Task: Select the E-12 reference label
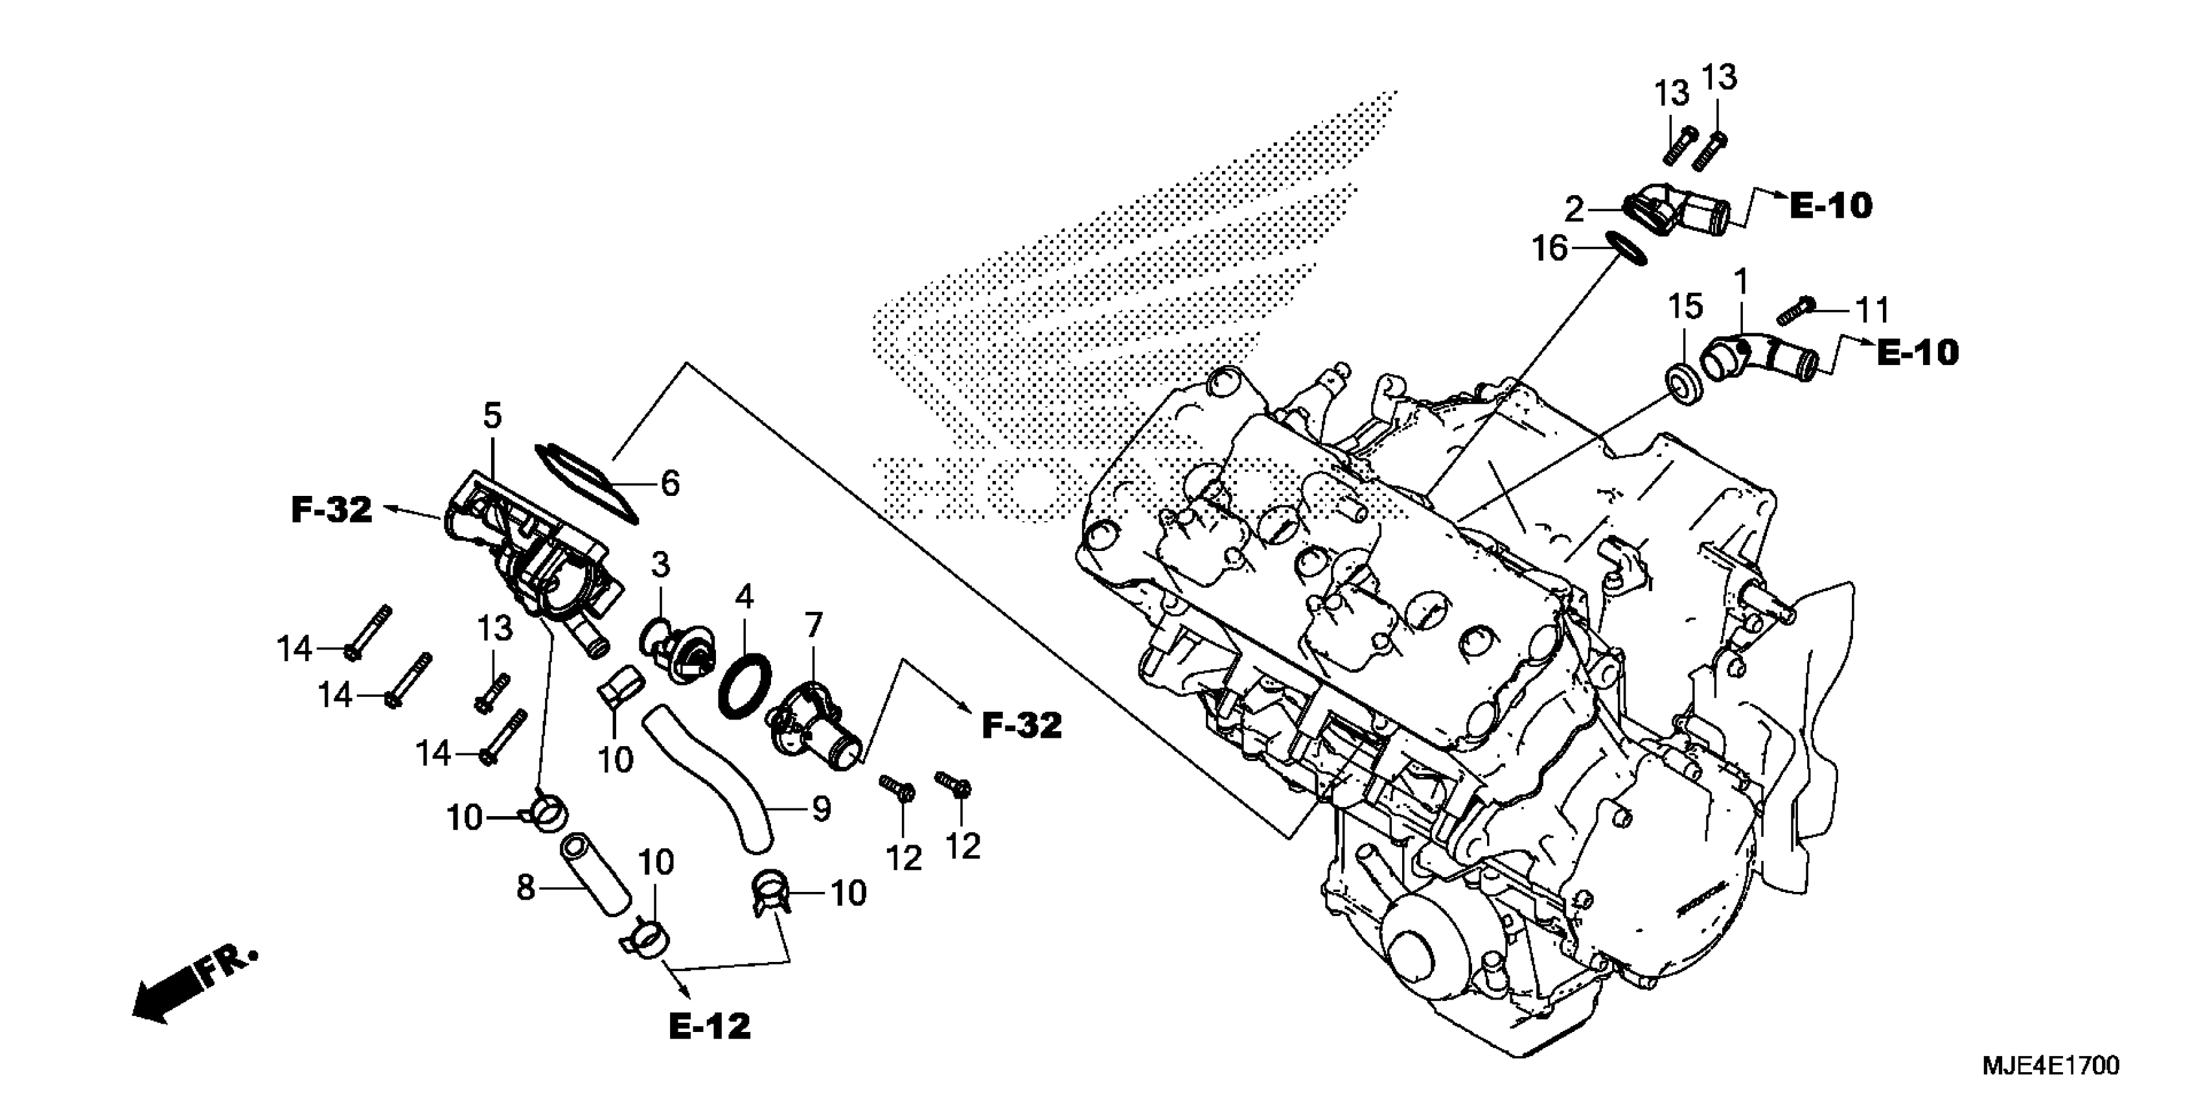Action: (x=709, y=1027)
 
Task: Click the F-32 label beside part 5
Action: (x=332, y=510)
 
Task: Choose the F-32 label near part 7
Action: (x=1021, y=725)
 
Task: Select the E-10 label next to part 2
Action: (x=1830, y=205)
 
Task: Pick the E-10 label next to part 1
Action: (x=1917, y=353)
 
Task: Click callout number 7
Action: (x=813, y=626)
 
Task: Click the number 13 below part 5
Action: (x=494, y=629)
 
